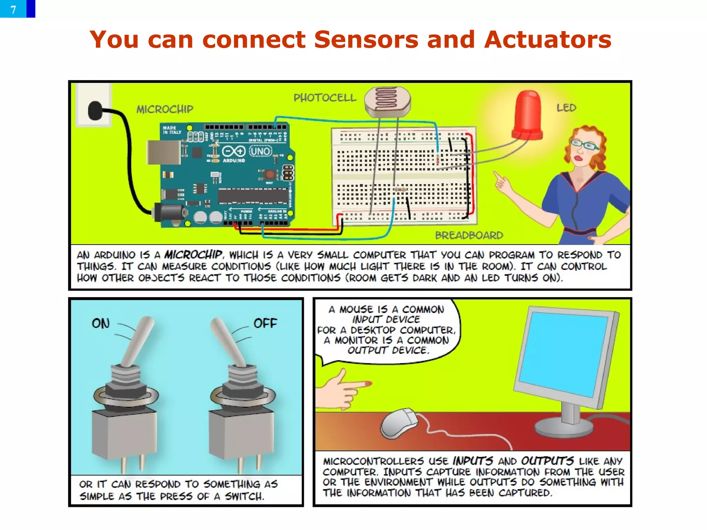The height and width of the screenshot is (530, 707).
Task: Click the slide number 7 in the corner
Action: [x=13, y=9]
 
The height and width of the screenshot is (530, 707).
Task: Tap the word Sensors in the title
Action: [x=366, y=39]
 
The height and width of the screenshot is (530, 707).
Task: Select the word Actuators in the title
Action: [x=548, y=39]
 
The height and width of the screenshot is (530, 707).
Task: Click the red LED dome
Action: [x=527, y=116]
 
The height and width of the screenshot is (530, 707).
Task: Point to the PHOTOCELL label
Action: [x=325, y=98]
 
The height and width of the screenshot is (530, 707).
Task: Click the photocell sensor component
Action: [x=388, y=101]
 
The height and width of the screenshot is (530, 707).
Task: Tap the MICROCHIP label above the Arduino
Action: [x=165, y=109]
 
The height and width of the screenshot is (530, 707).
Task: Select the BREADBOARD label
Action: [x=469, y=235]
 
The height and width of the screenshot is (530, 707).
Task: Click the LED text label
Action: [x=566, y=108]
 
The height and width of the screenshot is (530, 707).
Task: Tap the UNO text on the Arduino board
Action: [x=261, y=151]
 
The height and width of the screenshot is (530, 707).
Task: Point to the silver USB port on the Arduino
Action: [x=163, y=152]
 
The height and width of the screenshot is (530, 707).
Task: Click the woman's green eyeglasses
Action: [x=584, y=144]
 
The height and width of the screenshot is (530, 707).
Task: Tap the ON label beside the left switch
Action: [x=100, y=324]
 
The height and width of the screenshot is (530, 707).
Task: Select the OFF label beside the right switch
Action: [x=265, y=324]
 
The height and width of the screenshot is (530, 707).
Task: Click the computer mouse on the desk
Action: [x=399, y=423]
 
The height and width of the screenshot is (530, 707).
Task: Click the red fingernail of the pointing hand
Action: [x=368, y=384]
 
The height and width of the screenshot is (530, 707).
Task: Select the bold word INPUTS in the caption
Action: [x=473, y=461]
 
